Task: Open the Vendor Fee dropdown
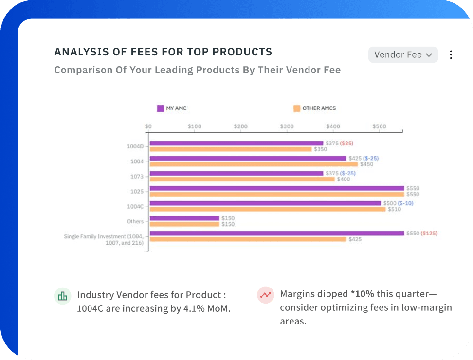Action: click(403, 55)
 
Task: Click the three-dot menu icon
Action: click(451, 55)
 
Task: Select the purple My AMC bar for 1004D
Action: click(236, 143)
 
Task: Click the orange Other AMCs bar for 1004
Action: click(254, 164)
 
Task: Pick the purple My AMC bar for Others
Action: click(184, 218)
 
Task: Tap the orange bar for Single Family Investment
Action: click(248, 239)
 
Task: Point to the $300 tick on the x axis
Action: click(287, 126)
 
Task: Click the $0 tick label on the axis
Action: click(148, 126)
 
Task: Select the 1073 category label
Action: click(137, 176)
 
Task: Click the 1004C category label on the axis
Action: click(135, 206)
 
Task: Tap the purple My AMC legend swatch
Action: click(160, 108)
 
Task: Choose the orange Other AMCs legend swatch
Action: click(296, 108)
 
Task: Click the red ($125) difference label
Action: click(429, 233)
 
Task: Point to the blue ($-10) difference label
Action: click(405, 203)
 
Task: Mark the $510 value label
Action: click(394, 209)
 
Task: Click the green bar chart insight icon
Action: click(62, 296)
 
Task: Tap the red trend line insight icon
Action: click(265, 295)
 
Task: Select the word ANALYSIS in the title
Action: click(77, 52)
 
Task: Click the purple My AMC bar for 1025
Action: click(276, 188)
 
